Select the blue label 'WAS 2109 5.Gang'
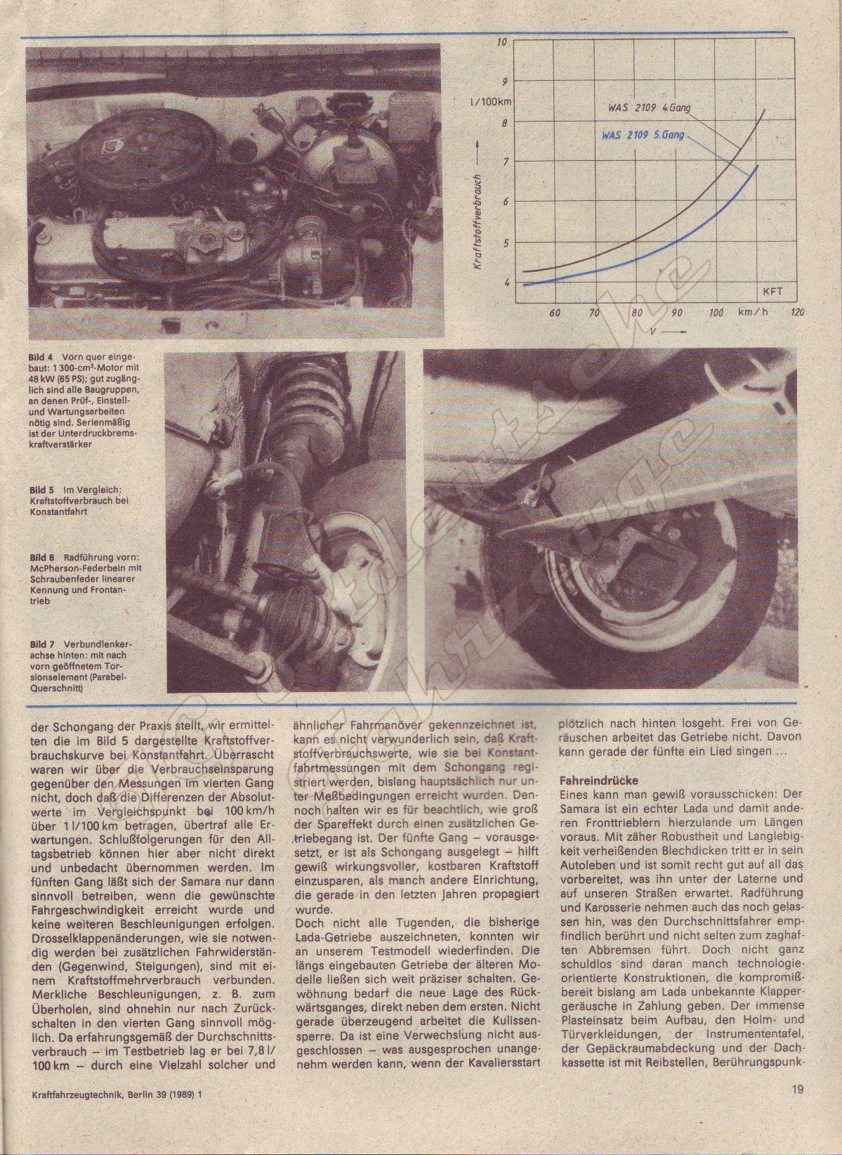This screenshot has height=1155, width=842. (x=641, y=133)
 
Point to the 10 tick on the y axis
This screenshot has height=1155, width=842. (x=501, y=43)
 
